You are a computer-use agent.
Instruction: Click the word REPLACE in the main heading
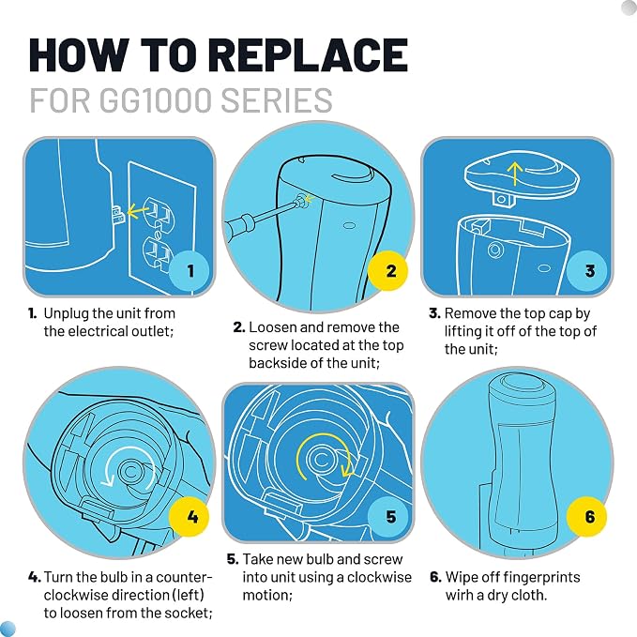coord(310,54)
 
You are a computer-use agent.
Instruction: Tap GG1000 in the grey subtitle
coord(155,100)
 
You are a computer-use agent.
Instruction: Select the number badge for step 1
coord(190,271)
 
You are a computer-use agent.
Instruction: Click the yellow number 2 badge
coord(388,271)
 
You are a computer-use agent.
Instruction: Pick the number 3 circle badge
coord(587,271)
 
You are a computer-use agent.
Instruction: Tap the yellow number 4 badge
coord(190,517)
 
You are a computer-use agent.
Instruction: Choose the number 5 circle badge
coord(388,517)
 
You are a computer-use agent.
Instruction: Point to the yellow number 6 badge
coord(587,517)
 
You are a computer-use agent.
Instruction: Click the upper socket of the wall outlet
coord(158,210)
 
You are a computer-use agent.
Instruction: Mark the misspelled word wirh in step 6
coord(459,595)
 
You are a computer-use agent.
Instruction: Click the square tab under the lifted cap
coord(502,199)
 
